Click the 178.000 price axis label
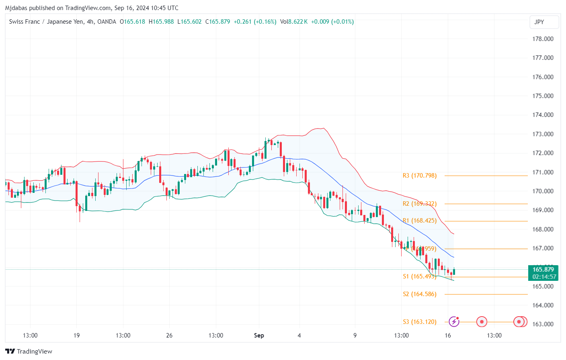coord(543,39)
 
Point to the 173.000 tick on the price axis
coord(543,134)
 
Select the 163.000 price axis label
coord(543,324)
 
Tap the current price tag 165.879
coord(543,270)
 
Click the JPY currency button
coord(544,22)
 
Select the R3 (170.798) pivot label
coord(419,176)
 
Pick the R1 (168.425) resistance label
coord(419,221)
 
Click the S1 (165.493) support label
coord(419,276)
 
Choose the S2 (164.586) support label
coord(419,294)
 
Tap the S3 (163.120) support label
coord(419,322)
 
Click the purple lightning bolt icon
coord(454,321)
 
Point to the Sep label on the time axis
coord(259,335)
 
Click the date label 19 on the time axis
coord(76,335)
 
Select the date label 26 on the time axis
coord(169,335)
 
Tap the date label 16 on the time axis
coord(448,335)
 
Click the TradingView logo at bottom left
coord(29,352)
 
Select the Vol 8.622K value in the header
coord(294,22)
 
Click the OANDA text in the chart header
coord(107,22)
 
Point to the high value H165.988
coord(161,22)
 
